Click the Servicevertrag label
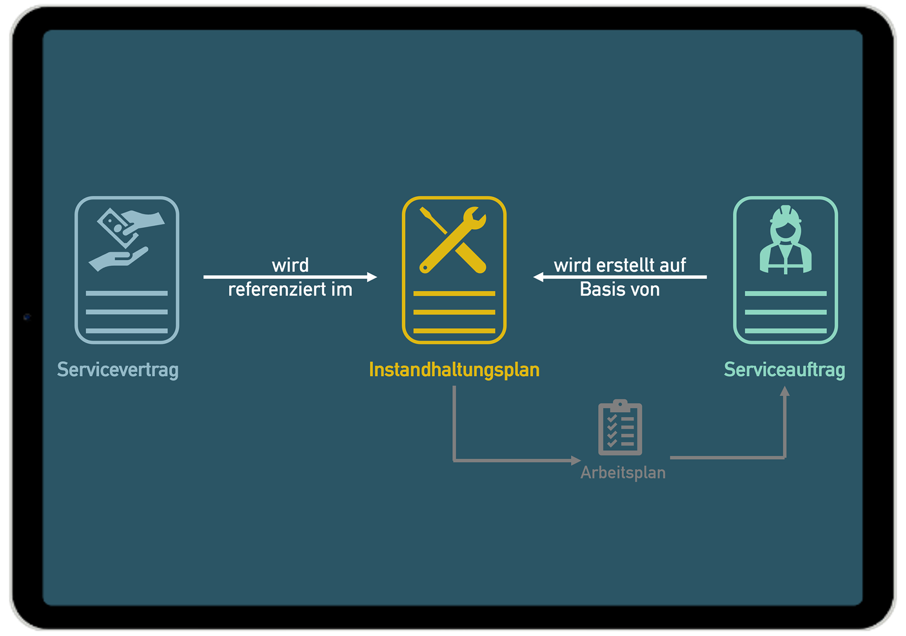tap(117, 370)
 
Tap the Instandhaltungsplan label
tap(454, 370)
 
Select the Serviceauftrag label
tap(784, 370)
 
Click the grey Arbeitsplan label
tap(623, 472)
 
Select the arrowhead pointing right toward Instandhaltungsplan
tap(372, 277)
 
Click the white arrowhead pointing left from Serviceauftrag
tap(538, 277)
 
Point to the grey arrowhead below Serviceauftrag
tap(784, 391)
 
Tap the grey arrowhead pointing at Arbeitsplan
tap(575, 460)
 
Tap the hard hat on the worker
tap(785, 215)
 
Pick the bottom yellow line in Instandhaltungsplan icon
tap(454, 330)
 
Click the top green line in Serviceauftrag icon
tap(785, 293)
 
